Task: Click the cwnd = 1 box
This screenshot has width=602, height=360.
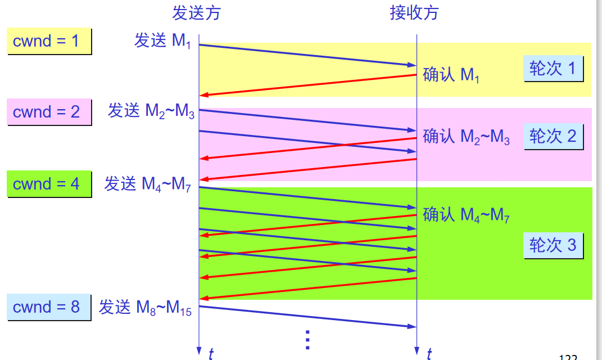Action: (49, 41)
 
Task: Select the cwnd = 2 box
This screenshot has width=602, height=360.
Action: (49, 112)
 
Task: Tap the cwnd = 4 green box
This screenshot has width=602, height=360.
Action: (49, 184)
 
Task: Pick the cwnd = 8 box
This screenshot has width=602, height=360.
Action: (49, 307)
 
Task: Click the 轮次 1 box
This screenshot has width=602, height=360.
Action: (553, 69)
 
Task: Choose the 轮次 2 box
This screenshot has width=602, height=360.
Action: (553, 137)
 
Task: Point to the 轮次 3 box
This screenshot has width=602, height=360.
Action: (553, 245)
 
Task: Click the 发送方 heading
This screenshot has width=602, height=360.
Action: (196, 13)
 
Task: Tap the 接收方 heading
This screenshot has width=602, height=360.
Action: (414, 13)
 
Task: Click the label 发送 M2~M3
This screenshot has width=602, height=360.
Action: (151, 111)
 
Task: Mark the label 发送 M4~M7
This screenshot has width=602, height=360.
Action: (147, 184)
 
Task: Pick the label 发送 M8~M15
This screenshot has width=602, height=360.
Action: (146, 308)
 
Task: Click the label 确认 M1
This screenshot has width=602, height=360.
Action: (451, 75)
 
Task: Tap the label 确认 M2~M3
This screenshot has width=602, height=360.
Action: (466, 137)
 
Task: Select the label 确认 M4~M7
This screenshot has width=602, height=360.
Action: (466, 214)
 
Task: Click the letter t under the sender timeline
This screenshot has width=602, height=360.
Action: (211, 353)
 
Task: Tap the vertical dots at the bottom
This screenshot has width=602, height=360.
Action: (307, 340)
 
